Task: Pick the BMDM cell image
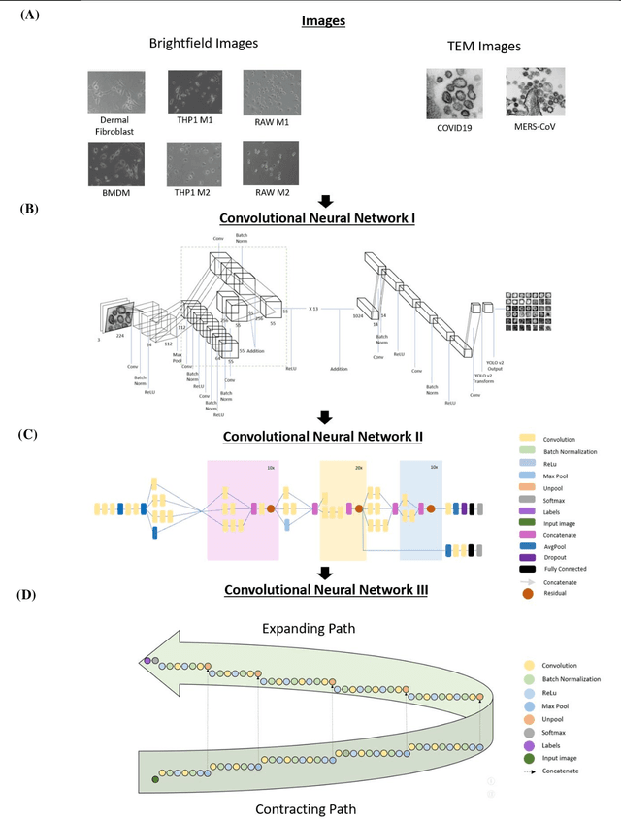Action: (x=115, y=163)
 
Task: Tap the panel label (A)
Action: (x=30, y=16)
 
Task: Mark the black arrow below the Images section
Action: (x=326, y=201)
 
